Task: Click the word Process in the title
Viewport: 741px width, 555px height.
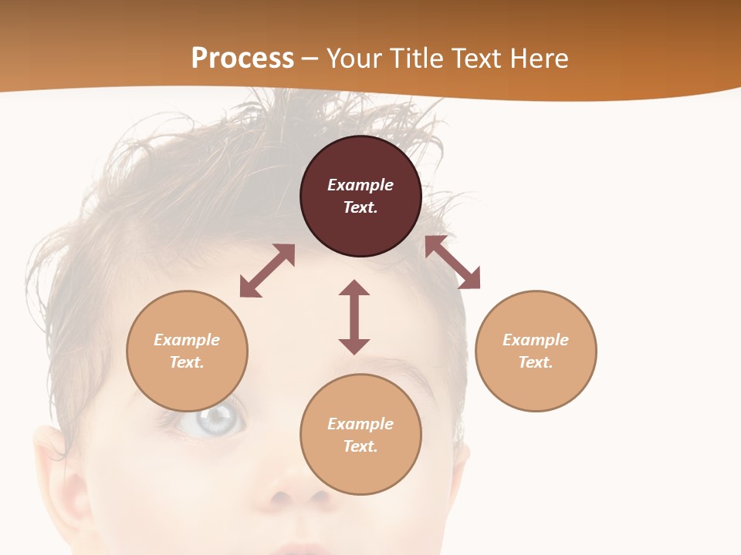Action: tap(242, 59)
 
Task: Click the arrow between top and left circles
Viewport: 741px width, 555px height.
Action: tap(267, 271)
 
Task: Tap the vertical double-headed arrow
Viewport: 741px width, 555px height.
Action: tap(354, 317)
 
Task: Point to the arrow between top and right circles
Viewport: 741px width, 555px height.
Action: tap(452, 262)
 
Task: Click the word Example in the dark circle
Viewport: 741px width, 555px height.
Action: tap(360, 185)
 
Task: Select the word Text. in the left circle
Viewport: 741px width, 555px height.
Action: tap(187, 362)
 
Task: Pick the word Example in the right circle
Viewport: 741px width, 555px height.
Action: tap(536, 340)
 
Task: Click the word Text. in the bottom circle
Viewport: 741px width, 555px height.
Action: tap(360, 446)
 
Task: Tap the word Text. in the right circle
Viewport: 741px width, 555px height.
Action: tap(536, 362)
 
